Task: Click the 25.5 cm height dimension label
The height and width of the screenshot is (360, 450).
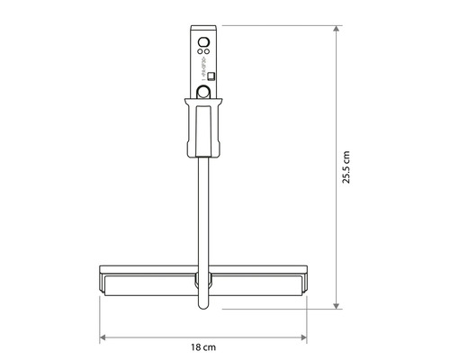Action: tap(346, 167)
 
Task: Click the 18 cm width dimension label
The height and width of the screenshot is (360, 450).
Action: tap(204, 346)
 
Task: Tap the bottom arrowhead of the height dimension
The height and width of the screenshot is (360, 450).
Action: tap(337, 305)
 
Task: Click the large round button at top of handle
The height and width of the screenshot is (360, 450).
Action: tap(203, 41)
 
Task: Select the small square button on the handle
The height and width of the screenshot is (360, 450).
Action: tap(211, 77)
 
